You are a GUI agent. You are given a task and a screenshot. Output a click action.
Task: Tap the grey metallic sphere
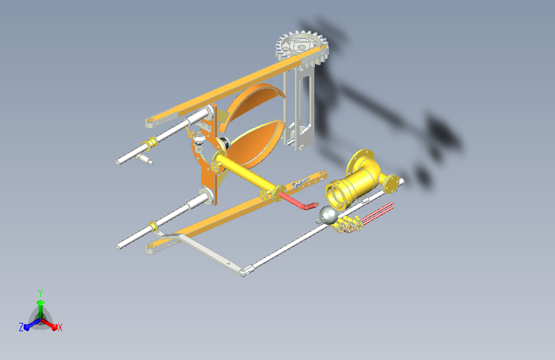point(328,215)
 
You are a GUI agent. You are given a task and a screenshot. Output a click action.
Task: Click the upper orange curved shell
point(253,104)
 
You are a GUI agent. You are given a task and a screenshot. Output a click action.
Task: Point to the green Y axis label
point(40,293)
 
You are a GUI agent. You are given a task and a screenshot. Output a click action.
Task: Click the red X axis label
point(60,328)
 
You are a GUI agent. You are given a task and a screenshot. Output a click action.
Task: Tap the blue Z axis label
point(21,327)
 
